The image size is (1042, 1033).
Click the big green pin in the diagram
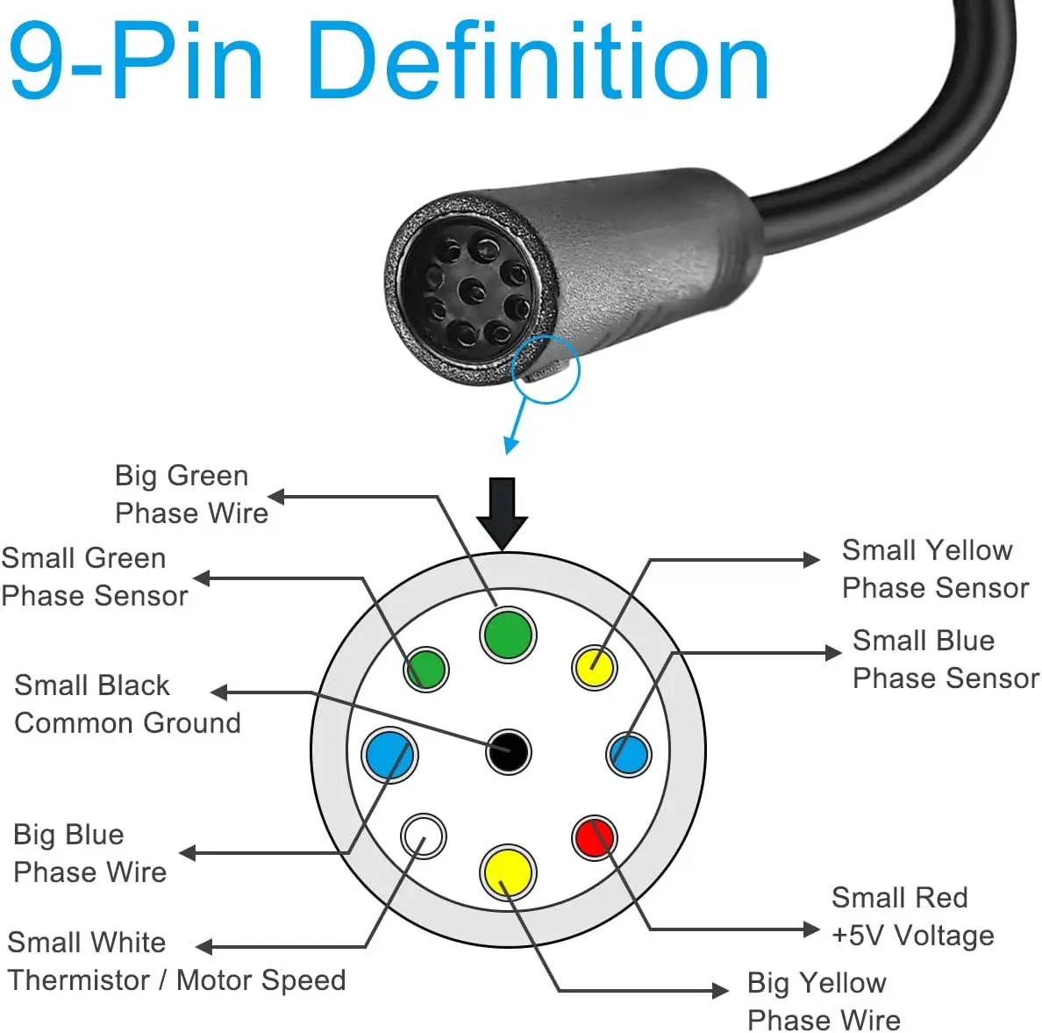point(508,634)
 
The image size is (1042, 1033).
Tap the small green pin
point(426,669)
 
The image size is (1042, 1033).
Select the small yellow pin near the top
point(594,667)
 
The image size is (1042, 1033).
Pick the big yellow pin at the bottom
point(508,872)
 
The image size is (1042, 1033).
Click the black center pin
point(508,751)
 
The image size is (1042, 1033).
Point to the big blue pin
point(389,754)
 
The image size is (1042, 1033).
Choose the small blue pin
point(629,754)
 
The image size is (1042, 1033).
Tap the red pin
point(594,837)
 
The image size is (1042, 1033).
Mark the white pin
point(423,836)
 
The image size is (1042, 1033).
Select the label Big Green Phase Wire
point(191,494)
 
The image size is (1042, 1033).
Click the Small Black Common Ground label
point(127,704)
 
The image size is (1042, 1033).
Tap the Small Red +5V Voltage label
point(912,916)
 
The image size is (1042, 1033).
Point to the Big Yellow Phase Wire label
point(823,1001)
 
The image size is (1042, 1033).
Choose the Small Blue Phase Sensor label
point(945,659)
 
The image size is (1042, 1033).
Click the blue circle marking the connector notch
point(545,369)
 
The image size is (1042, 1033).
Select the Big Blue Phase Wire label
point(89,853)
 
